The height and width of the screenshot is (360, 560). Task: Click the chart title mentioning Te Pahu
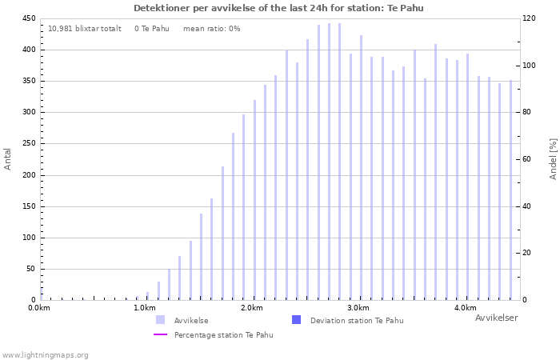(278, 8)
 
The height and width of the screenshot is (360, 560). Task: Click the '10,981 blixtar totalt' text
(85, 29)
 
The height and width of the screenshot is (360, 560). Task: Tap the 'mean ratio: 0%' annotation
(212, 29)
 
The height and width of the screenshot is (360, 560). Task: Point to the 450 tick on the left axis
(29, 18)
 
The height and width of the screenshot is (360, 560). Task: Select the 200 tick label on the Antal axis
(29, 175)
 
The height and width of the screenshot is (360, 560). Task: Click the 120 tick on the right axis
(529, 18)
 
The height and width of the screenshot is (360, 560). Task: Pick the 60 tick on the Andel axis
(526, 159)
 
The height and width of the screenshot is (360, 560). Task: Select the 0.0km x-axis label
(39, 308)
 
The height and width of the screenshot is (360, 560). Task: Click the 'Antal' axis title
(7, 159)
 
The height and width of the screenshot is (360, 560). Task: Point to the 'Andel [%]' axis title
(553, 159)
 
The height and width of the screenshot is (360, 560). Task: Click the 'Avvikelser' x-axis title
(497, 318)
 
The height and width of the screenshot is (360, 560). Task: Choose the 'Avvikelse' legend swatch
(160, 320)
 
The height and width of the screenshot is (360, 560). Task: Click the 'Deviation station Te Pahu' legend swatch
(297, 320)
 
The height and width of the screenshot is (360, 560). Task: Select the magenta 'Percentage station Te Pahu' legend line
(160, 334)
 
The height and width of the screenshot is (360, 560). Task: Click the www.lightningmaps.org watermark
(45, 355)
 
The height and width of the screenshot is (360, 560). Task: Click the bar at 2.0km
(254, 200)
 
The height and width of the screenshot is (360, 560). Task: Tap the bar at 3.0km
(361, 167)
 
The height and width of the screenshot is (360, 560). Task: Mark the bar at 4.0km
(467, 177)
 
